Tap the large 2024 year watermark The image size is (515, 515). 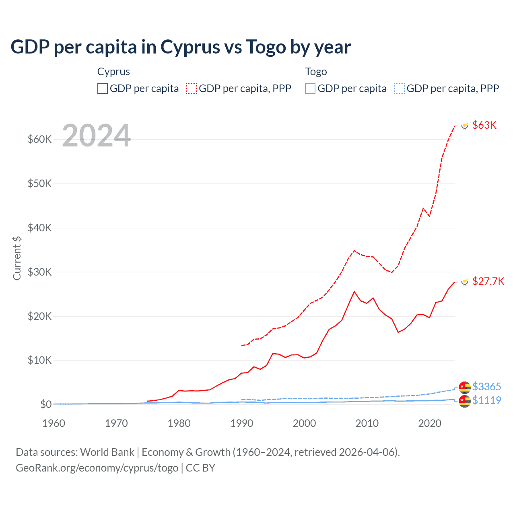[x=97, y=136]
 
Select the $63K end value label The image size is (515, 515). [x=484, y=125]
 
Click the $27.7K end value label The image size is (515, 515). [x=488, y=281]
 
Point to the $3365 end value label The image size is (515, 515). [x=486, y=387]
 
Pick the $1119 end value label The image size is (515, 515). [x=486, y=400]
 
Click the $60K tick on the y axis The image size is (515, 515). [x=40, y=140]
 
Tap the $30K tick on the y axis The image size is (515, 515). [x=40, y=272]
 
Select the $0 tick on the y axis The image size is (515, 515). [x=46, y=404]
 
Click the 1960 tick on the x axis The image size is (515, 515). [x=54, y=423]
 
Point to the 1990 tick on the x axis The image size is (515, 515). [x=241, y=423]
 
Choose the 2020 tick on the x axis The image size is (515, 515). [x=430, y=423]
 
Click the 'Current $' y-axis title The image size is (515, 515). [x=17, y=258]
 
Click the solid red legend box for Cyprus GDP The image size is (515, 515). [x=103, y=89]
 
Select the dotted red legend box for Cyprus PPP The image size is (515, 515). [x=192, y=89]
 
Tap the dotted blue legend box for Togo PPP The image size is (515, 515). [x=400, y=89]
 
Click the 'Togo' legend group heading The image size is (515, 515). [x=316, y=72]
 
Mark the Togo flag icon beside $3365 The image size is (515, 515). [x=465, y=387]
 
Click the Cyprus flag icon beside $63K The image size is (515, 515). [x=465, y=126]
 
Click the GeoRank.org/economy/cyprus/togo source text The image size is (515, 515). [x=97, y=468]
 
